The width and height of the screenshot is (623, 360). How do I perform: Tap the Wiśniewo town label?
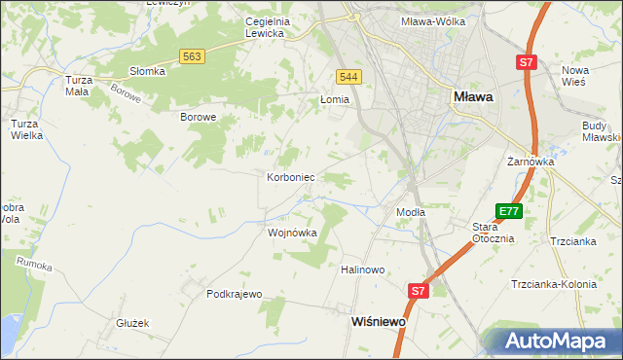point(378,320)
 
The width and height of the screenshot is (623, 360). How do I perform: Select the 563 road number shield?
point(192,57)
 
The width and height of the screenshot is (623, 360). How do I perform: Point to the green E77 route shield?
point(508,211)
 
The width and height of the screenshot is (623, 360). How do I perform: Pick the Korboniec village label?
point(289,178)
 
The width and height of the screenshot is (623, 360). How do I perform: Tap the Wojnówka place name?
point(292,233)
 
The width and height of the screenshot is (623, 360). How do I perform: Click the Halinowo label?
point(363,270)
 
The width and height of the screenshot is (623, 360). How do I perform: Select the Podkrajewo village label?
point(235,293)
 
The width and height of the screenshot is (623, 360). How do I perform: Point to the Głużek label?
point(131,322)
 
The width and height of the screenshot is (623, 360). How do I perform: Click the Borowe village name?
point(198,117)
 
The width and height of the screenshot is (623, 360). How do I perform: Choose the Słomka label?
point(148,71)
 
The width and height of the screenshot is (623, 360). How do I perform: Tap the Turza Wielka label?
point(26,129)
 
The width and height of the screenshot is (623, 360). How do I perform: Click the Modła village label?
point(411,211)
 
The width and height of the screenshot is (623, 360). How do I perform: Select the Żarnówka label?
point(531,162)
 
